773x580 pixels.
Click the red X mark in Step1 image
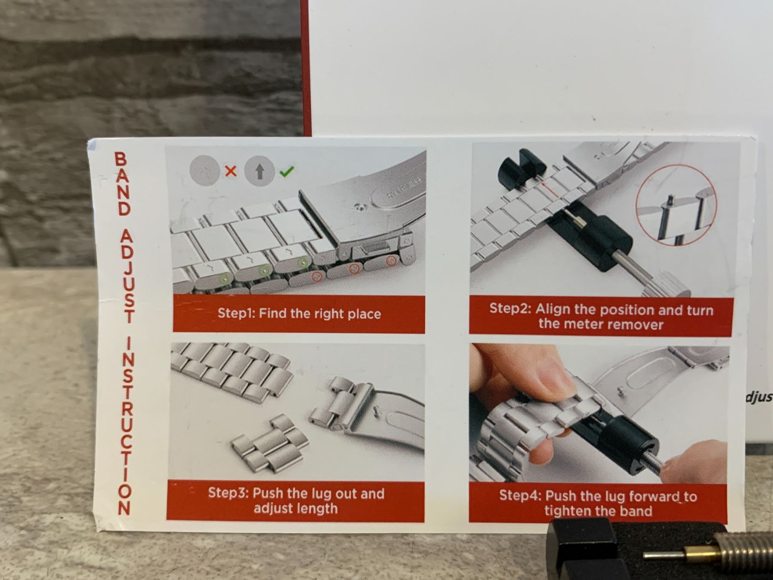pos(231,171)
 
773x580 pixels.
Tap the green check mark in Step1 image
pos(286,171)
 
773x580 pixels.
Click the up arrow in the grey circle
pos(259,172)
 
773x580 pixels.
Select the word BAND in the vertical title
pos(122,183)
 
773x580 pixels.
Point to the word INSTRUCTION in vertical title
pos(125,426)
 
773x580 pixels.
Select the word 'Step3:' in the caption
pos(228,493)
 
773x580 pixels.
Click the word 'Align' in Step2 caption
pos(552,309)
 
